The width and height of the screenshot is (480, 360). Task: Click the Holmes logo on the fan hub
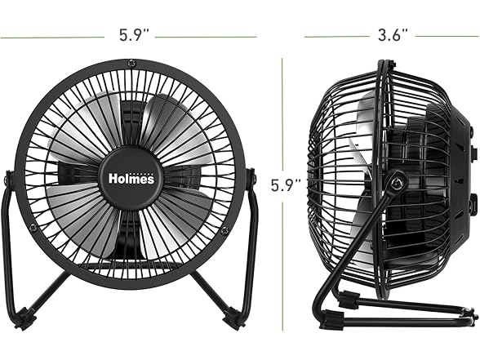click(131, 178)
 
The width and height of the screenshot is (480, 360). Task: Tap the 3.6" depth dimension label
click(393, 35)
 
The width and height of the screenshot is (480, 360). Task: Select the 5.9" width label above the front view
click(134, 35)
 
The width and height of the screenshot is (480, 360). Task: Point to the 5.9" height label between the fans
click(286, 185)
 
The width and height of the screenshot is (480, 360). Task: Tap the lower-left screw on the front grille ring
click(33, 228)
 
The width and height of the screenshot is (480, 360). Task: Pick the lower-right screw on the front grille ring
click(225, 229)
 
